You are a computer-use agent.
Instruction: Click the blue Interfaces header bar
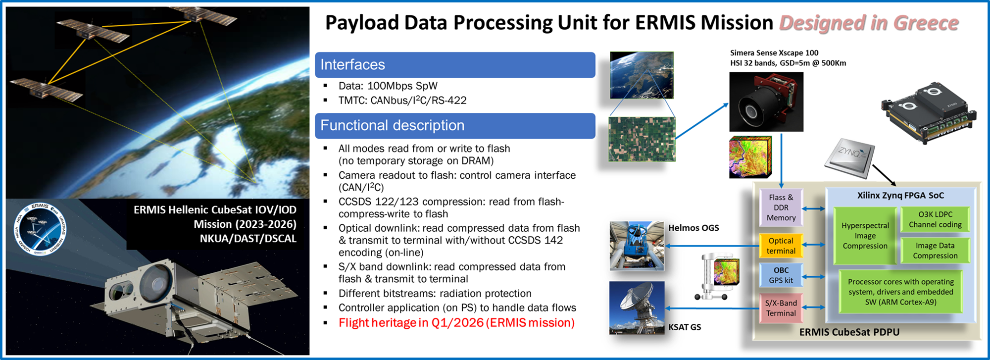(x=454, y=65)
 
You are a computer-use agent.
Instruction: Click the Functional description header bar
(x=454, y=126)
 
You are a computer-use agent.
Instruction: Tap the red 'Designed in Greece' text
(x=869, y=23)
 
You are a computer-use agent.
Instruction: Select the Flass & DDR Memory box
(x=781, y=207)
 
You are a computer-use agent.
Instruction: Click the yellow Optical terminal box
(x=781, y=246)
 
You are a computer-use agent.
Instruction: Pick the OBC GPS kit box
(x=781, y=275)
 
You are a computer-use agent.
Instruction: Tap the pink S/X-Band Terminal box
(x=781, y=308)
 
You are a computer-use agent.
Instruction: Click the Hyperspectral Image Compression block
(x=865, y=236)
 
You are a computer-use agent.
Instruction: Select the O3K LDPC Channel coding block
(x=935, y=219)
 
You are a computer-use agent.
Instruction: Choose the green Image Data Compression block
(x=935, y=251)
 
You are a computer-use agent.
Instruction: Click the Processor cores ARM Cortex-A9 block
(x=900, y=292)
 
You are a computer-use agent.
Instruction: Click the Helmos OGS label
(x=693, y=228)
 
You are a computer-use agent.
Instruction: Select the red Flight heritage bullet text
(x=456, y=323)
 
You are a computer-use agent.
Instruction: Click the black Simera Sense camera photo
(x=766, y=102)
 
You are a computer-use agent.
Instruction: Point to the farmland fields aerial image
(x=642, y=139)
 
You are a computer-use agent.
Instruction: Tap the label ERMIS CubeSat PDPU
(x=849, y=332)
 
